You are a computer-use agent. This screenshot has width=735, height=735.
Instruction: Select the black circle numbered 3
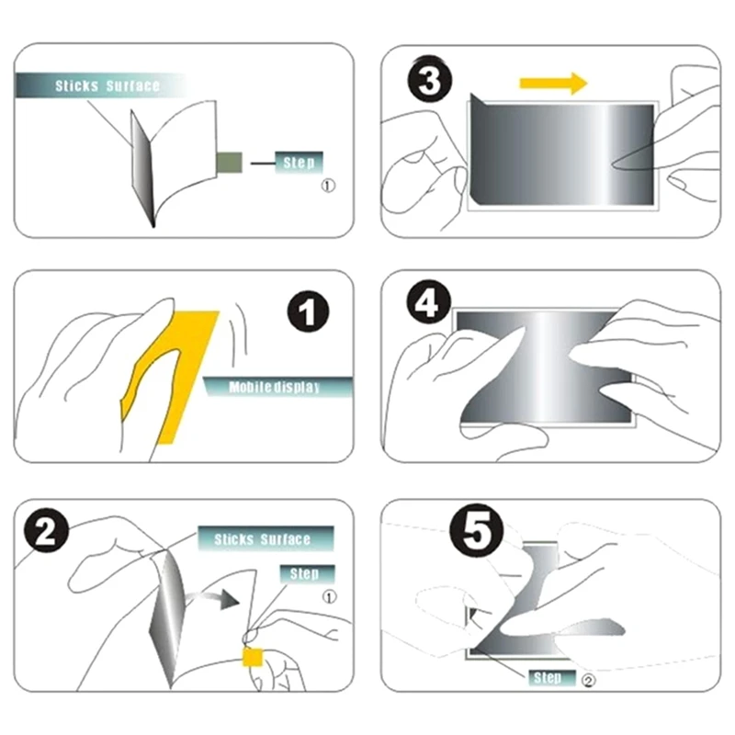tap(429, 81)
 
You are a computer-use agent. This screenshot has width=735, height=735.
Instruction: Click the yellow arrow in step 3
tap(552, 85)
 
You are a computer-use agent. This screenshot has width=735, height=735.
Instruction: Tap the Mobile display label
tap(275, 388)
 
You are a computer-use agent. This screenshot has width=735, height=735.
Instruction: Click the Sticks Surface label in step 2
tap(263, 539)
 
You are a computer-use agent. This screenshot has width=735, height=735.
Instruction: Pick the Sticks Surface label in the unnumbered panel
tap(107, 86)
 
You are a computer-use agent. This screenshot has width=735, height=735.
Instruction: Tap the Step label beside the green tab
tap(299, 164)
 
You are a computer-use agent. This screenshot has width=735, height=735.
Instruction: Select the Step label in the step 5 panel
tap(548, 678)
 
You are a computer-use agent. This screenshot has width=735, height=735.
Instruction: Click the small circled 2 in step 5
tap(588, 681)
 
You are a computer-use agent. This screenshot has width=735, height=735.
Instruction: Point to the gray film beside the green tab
tap(139, 165)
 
